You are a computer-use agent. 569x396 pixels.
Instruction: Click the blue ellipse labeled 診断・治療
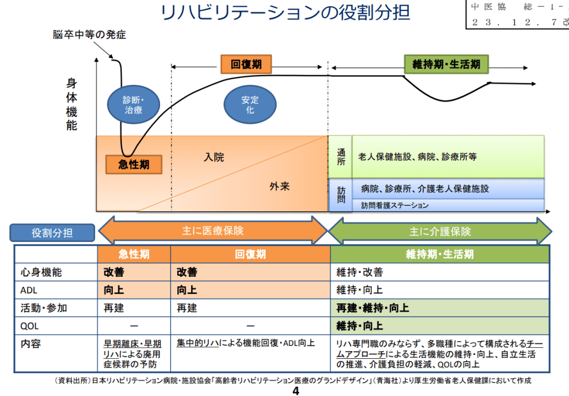click(133, 104)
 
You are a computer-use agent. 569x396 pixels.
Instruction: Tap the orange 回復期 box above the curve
click(246, 64)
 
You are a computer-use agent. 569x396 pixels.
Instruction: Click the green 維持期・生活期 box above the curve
click(446, 64)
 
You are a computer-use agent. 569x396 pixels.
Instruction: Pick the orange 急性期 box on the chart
click(133, 165)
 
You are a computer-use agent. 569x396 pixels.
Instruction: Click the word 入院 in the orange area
click(214, 157)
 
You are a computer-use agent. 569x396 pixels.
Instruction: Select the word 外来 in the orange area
click(280, 186)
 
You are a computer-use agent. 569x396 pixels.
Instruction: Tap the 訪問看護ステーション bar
click(448, 205)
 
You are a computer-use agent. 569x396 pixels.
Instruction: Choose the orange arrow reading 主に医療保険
click(213, 231)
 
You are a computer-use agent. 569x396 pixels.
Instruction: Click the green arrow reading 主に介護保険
click(440, 231)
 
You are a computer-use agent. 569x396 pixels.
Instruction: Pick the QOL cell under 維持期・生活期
click(439, 326)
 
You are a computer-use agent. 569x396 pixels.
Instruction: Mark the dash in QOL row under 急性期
click(134, 326)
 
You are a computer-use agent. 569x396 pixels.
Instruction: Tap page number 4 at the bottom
click(296, 391)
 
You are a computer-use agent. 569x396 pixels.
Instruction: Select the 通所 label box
click(341, 156)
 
